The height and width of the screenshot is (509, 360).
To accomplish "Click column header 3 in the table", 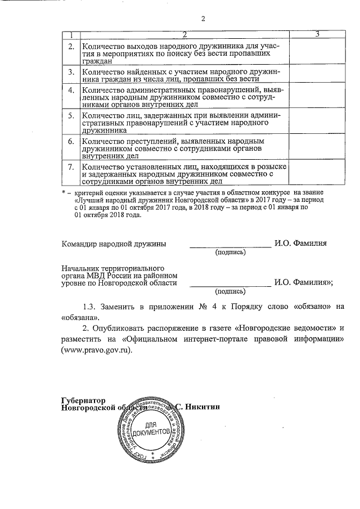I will tap(318, 35).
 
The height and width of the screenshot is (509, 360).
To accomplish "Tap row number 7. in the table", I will tap(71, 167).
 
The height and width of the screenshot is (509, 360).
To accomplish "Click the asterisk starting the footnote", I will tap(64, 193).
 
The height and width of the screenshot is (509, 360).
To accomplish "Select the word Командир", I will tap(79, 244).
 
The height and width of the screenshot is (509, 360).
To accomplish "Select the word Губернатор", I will tap(83, 400).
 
